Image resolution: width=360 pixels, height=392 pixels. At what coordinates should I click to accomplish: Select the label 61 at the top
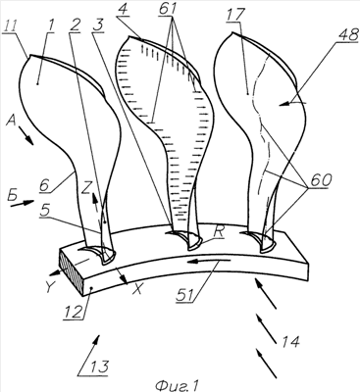click(x=168, y=9)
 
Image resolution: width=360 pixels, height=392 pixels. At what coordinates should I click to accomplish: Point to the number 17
click(x=235, y=15)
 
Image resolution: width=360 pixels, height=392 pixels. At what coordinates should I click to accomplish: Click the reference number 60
click(x=320, y=180)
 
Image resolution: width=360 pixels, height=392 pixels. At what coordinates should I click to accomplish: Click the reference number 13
click(x=98, y=367)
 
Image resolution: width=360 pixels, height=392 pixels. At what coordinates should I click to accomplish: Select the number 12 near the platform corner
click(x=74, y=312)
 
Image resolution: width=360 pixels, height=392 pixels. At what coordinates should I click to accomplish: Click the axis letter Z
click(x=86, y=188)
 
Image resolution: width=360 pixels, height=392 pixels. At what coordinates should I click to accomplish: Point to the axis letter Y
click(x=49, y=287)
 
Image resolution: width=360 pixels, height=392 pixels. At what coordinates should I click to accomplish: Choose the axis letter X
click(x=137, y=289)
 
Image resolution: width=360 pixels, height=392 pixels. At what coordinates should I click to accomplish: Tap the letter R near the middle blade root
click(x=218, y=232)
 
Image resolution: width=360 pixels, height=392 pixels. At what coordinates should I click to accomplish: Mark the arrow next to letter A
click(x=25, y=136)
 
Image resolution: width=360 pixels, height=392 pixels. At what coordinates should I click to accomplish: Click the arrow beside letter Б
click(x=23, y=204)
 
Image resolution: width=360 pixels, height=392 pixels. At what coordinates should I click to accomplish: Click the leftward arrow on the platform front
click(x=209, y=261)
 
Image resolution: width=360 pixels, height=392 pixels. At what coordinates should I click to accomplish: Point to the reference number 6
click(x=44, y=185)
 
